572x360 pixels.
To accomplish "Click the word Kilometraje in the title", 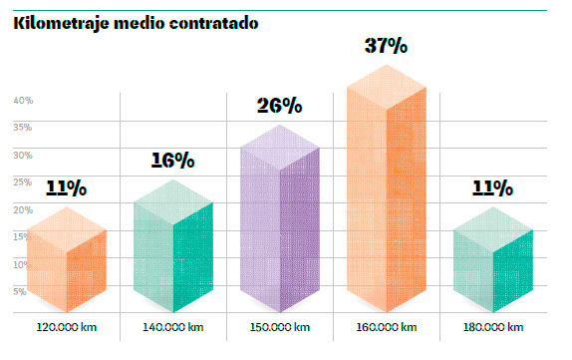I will pos(60,23).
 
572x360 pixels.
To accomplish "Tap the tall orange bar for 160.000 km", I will pos(387,194).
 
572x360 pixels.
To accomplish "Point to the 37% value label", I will pos(387,46).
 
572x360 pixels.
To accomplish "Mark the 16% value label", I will pos(172,160).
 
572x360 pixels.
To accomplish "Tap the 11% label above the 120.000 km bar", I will pos(66,187).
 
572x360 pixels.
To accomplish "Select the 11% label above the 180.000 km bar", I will pos(492,187).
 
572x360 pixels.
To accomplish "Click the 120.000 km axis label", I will pos(66,327).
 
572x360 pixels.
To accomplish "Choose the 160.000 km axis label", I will pos(387,327).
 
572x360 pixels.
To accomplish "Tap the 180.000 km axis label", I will pos(493,327).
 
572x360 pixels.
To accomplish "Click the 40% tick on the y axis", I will pos(24,100).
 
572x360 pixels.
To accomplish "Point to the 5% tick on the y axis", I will pos(20,291).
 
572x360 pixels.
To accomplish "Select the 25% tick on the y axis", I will pos(24,181).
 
